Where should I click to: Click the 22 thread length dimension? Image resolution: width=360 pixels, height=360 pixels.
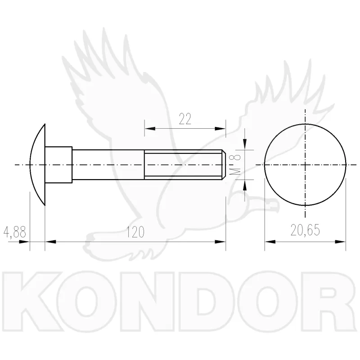click(x=185, y=119)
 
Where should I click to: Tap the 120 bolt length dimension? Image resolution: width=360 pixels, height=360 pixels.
click(x=135, y=232)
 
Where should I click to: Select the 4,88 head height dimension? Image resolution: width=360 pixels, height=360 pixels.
click(x=15, y=232)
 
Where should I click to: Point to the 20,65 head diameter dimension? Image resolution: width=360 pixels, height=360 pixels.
click(x=305, y=230)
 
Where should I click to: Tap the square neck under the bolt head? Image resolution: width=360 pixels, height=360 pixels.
click(x=58, y=165)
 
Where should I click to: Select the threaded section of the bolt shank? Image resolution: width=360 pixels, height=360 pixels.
click(x=183, y=165)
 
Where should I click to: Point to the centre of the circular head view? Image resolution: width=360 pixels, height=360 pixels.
click(x=305, y=165)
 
